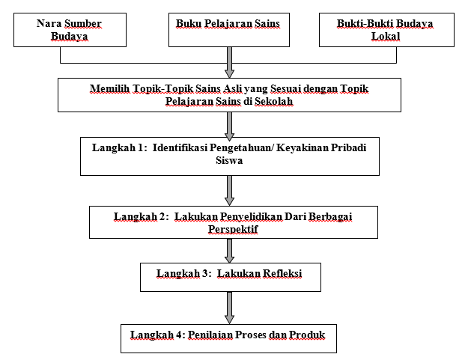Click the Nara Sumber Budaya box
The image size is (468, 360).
(x=69, y=31)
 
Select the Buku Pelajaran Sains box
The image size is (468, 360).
(x=228, y=31)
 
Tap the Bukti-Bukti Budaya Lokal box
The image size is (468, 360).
(x=386, y=31)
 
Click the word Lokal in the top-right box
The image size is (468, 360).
(x=386, y=37)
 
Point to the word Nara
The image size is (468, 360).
(x=49, y=24)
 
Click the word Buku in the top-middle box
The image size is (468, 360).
(x=188, y=24)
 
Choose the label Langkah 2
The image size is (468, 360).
(x=140, y=216)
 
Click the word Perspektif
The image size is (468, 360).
(x=231, y=229)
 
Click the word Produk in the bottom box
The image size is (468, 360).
(x=309, y=334)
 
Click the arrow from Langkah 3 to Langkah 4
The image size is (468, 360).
(x=229, y=307)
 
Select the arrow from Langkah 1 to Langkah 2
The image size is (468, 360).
(x=229, y=190)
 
